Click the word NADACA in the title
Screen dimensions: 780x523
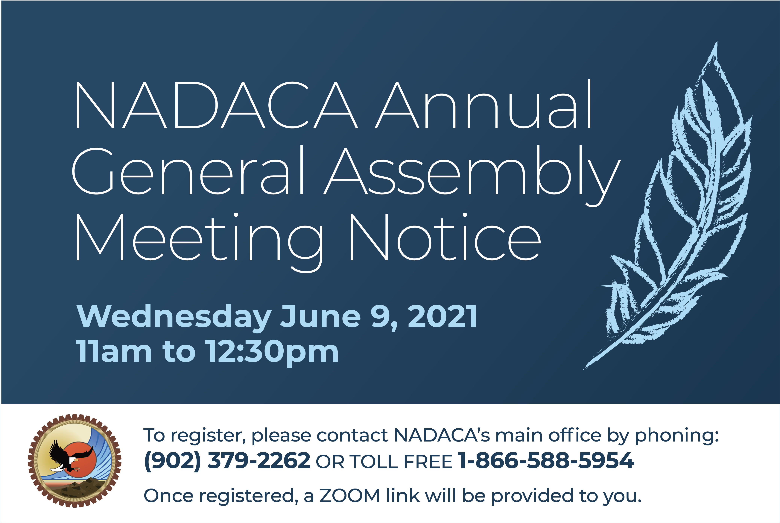pyautogui.click(x=217, y=105)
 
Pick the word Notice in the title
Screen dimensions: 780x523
pyautogui.click(x=445, y=237)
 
